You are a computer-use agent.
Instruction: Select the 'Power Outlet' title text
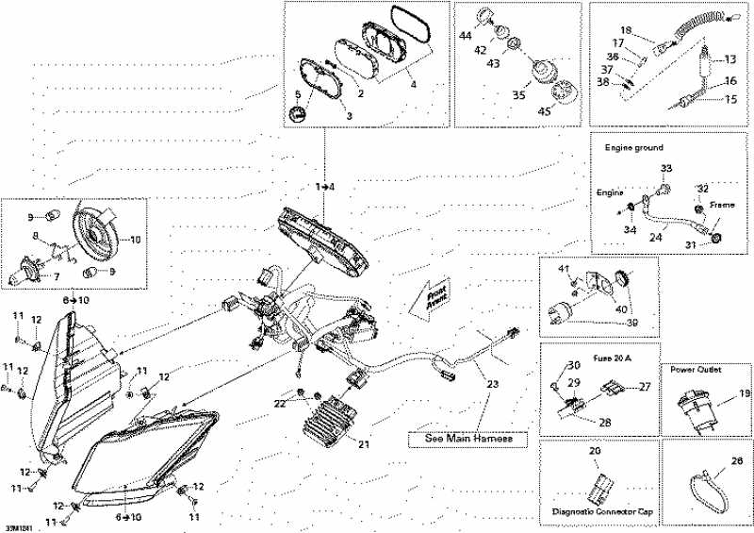point(696,370)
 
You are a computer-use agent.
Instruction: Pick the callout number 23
point(490,384)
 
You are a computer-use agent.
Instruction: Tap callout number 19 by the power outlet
point(743,393)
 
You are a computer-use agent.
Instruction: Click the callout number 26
point(737,462)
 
